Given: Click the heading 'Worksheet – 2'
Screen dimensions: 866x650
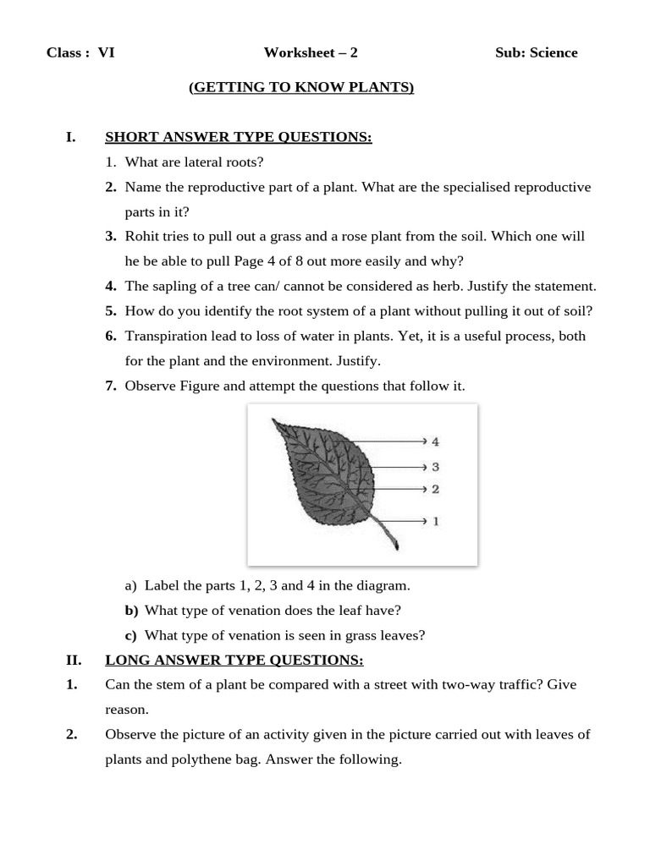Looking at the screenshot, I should (x=311, y=52).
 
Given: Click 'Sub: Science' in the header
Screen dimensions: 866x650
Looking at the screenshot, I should (x=536, y=52).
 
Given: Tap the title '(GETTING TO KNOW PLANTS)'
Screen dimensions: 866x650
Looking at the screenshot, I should (x=301, y=87).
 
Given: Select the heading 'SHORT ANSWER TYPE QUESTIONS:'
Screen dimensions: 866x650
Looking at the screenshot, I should (x=238, y=137).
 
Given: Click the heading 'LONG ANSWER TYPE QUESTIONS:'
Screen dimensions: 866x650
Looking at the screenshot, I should (x=234, y=660).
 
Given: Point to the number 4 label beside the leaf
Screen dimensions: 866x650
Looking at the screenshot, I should (x=435, y=441).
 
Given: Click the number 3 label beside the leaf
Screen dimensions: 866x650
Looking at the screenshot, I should (x=435, y=467).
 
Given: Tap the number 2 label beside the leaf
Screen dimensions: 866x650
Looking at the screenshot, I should (x=435, y=489).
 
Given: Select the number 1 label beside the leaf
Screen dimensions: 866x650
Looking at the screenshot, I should (x=435, y=521).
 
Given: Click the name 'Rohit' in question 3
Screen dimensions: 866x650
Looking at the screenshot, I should (x=142, y=236).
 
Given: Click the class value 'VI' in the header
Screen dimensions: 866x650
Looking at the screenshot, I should (x=106, y=52).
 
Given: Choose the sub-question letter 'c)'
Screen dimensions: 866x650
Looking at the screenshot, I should (x=130, y=635).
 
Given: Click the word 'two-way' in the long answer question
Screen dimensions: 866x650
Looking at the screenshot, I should (x=465, y=684).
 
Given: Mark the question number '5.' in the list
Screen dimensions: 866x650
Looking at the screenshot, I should (x=111, y=311).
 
